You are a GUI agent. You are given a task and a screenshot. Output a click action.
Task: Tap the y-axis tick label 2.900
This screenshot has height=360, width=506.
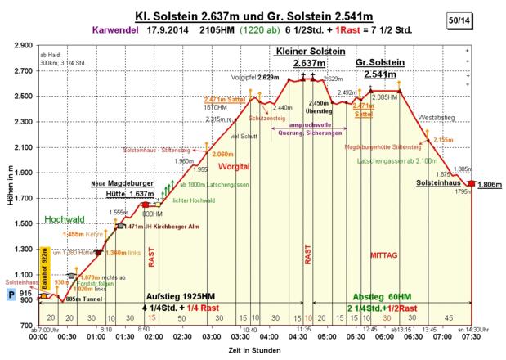point(25,46)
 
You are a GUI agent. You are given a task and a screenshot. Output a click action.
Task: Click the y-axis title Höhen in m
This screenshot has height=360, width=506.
point(7,184)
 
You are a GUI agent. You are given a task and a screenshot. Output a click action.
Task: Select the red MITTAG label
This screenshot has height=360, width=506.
point(384,254)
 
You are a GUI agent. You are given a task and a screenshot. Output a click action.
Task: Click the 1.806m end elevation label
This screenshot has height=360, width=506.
point(490,184)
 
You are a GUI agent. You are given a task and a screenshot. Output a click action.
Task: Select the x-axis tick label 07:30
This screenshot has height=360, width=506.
point(471,335)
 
